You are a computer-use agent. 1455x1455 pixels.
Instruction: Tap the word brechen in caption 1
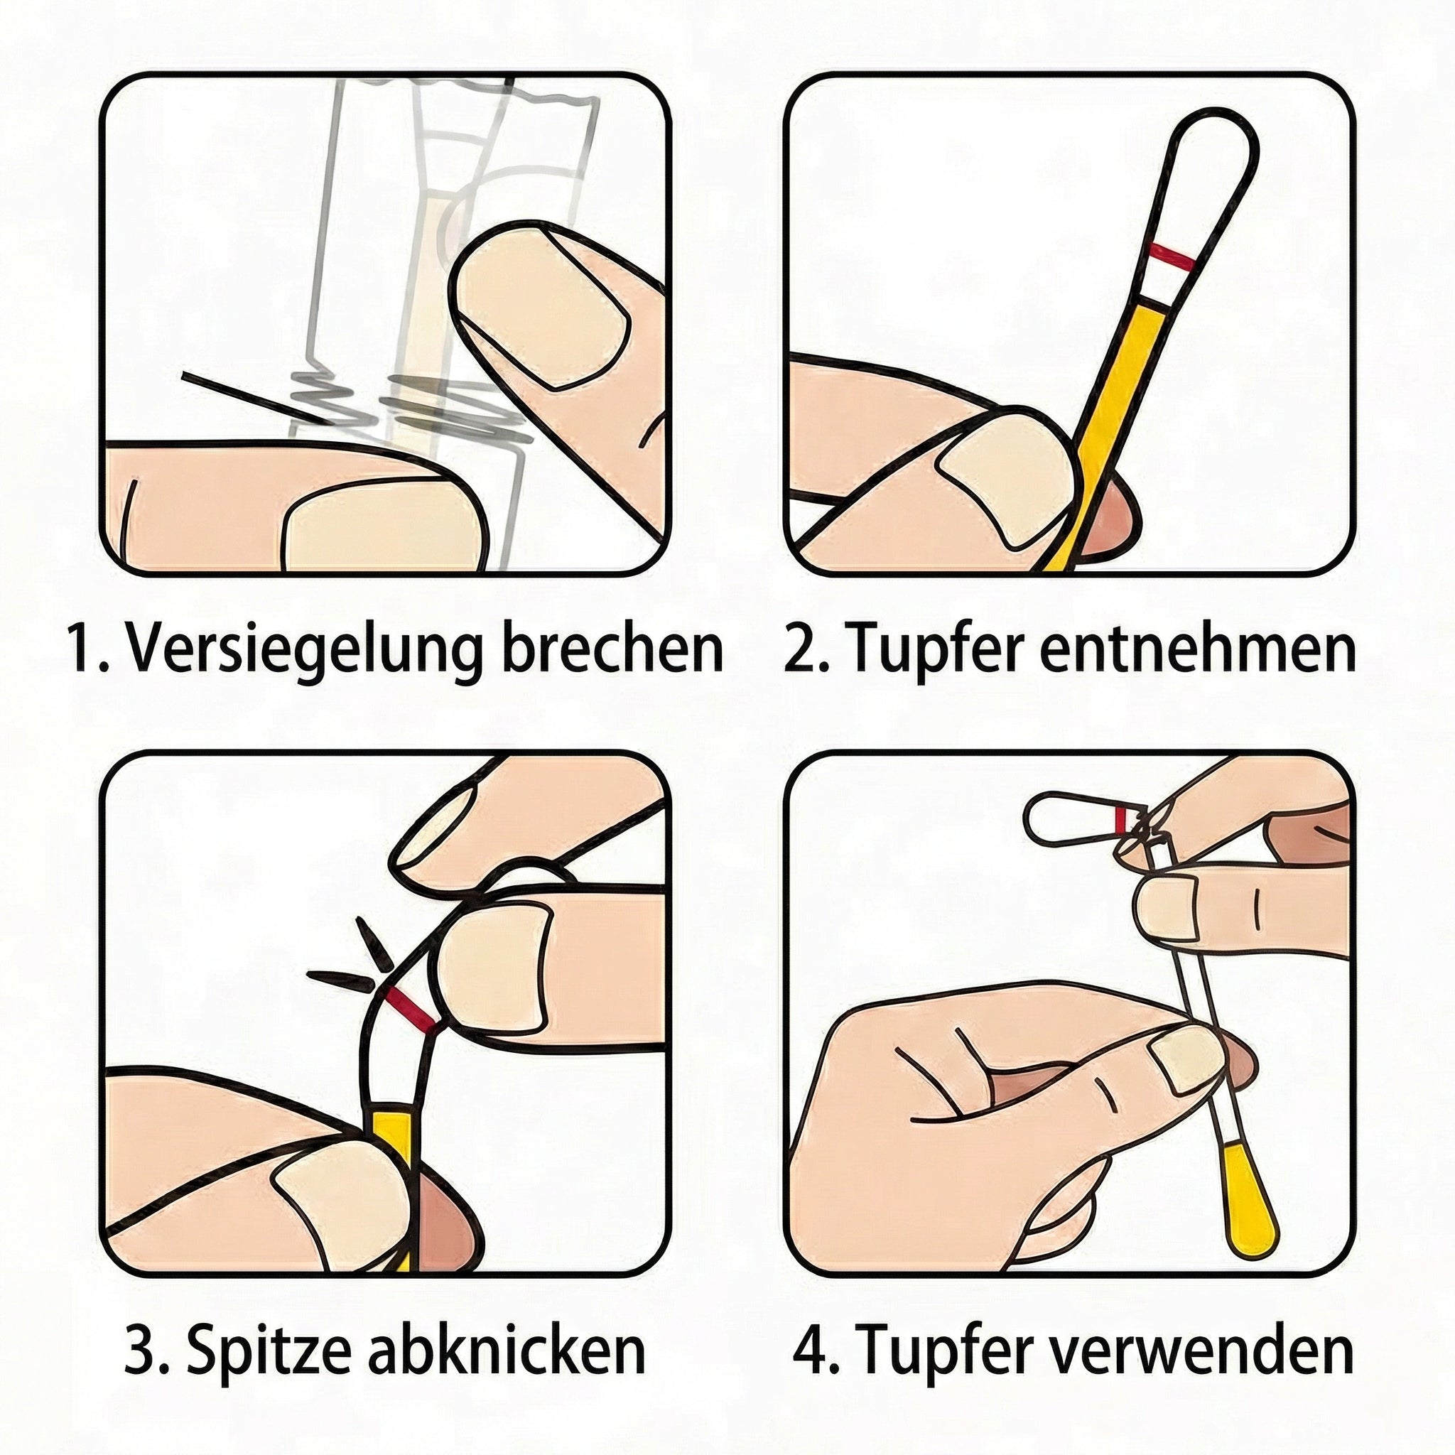tap(611, 648)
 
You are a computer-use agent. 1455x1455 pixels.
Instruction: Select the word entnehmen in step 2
tap(1197, 648)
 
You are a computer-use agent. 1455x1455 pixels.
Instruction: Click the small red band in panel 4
tap(1121, 820)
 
